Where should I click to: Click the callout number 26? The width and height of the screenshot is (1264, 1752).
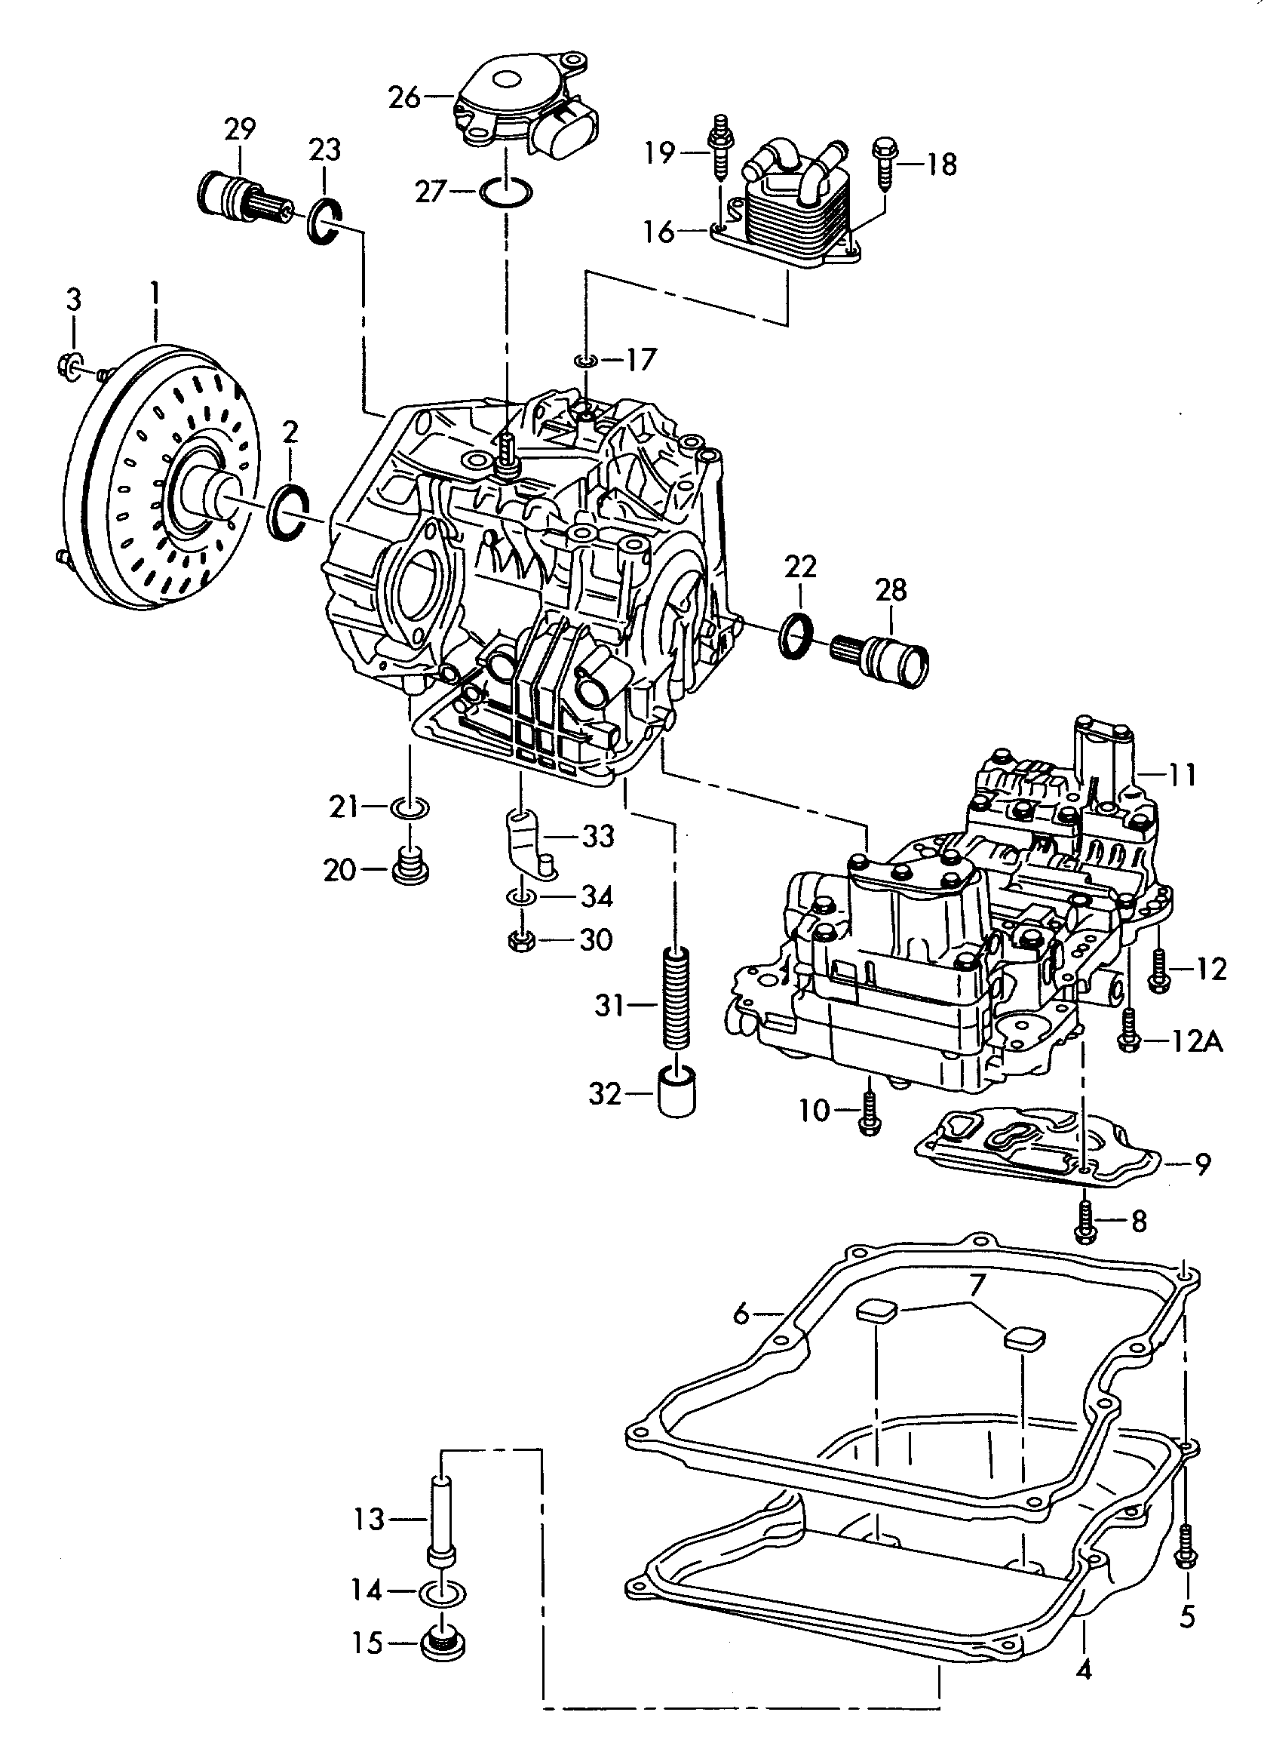(x=403, y=98)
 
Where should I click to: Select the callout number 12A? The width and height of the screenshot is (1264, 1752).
(x=1196, y=1043)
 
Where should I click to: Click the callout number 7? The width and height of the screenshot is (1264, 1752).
(x=977, y=1285)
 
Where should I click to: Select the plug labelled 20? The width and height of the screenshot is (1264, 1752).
(x=411, y=868)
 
